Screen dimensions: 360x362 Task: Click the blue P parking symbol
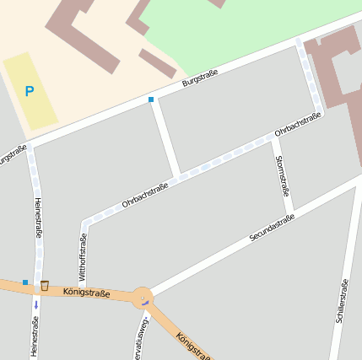(x=30, y=91)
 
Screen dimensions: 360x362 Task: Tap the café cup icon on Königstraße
(x=45, y=285)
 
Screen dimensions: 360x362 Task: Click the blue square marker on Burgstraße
(x=151, y=99)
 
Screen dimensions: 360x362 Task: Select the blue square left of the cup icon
(x=25, y=282)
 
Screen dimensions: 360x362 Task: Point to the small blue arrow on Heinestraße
(x=35, y=304)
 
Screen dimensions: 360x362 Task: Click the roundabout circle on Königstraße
(x=143, y=298)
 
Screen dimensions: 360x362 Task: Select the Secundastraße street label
(x=272, y=228)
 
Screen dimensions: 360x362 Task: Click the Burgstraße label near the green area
(x=200, y=78)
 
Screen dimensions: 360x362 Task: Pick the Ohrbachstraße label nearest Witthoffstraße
(x=145, y=195)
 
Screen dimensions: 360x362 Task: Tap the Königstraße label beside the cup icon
(x=86, y=292)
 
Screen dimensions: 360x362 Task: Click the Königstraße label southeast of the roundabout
(x=194, y=345)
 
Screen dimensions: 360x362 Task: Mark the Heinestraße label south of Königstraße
(x=35, y=336)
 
